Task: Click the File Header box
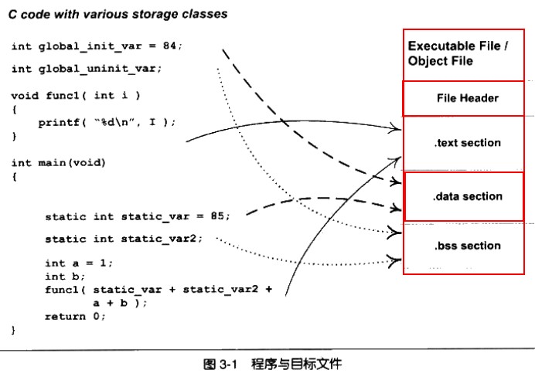coord(466,98)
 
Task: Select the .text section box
coord(466,143)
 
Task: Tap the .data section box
coord(466,196)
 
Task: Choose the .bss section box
coord(466,246)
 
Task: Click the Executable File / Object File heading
coord(458,53)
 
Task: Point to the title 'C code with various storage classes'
coord(118,14)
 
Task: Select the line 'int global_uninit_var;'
coord(87,69)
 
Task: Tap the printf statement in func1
coord(107,122)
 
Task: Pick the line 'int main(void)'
coord(59,163)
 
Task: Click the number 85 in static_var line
coord(217,216)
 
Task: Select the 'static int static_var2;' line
coord(124,239)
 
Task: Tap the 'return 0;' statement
coord(75,317)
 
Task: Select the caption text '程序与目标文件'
coord(296,364)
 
